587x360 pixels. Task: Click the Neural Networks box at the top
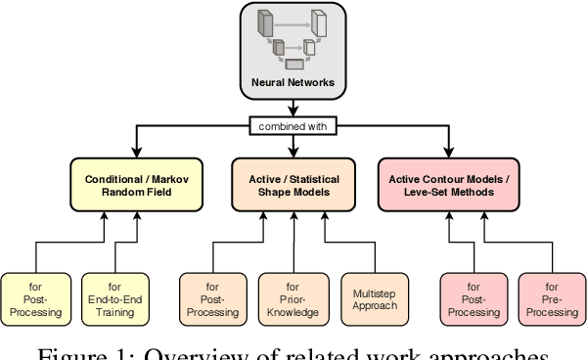293,50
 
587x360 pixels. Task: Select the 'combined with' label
293,126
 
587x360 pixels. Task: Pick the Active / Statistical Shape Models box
293,185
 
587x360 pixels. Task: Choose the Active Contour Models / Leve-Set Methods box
451,185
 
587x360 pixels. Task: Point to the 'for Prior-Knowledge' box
292,299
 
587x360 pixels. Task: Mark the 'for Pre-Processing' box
551,299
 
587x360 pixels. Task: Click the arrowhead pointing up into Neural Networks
293,107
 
